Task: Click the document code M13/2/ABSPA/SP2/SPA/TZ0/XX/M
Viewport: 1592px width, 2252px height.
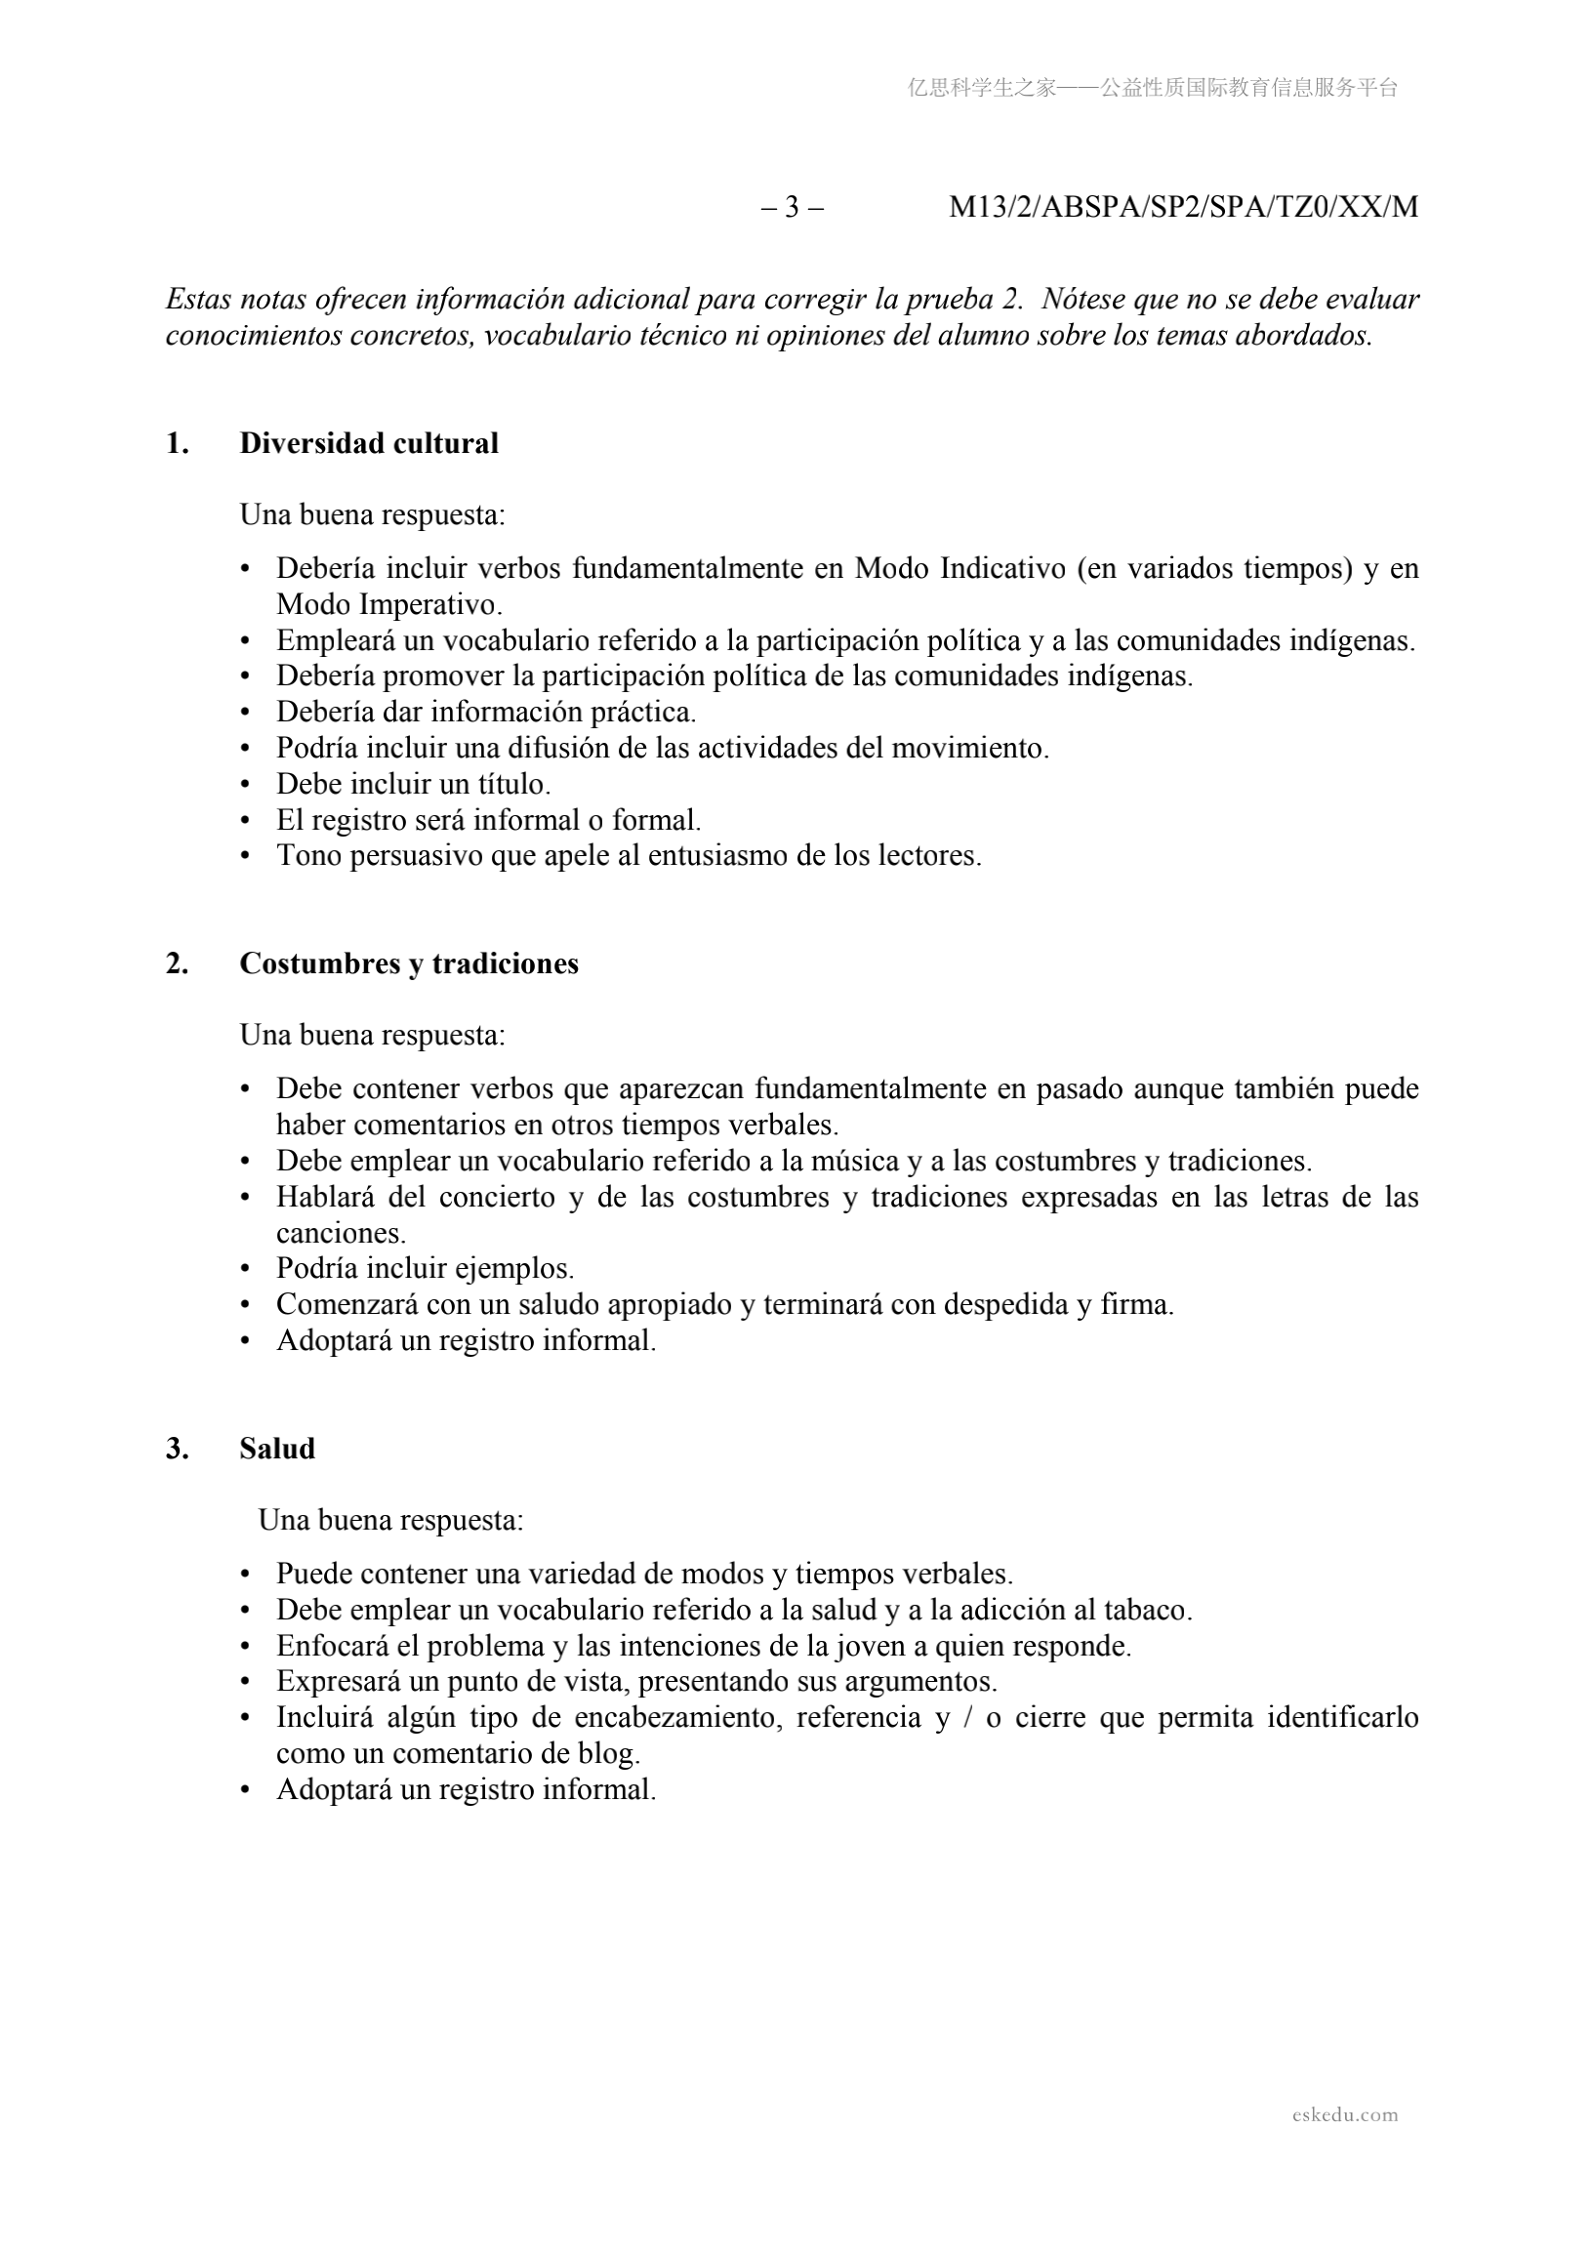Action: click(x=1183, y=207)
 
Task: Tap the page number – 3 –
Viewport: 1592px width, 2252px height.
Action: click(x=792, y=207)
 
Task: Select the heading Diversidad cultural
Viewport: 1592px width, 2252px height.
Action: click(x=369, y=443)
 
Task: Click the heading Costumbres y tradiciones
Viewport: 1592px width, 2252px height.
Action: click(x=408, y=963)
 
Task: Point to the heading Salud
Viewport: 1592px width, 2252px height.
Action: click(x=276, y=1449)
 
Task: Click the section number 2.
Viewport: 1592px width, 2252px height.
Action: click(x=177, y=963)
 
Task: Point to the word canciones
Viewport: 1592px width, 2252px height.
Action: click(x=341, y=1233)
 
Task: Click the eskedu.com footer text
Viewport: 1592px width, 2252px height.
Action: click(x=1345, y=2114)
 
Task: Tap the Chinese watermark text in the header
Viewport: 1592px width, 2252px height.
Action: click(x=1153, y=88)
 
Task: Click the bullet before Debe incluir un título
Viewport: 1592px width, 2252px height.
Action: click(x=246, y=785)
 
